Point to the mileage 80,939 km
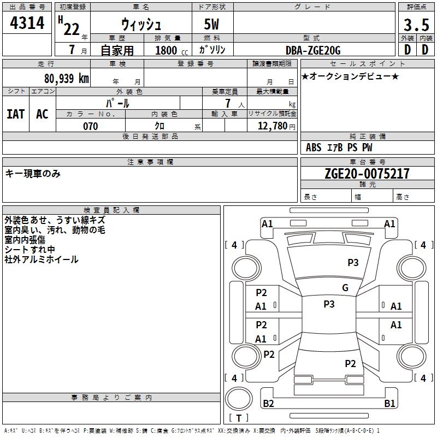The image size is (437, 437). (66, 78)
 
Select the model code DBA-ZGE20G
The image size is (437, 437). (313, 51)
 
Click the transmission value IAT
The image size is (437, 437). (15, 114)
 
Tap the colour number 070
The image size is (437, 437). (90, 126)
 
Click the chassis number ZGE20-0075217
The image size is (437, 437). (367, 174)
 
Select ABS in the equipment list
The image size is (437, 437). (314, 147)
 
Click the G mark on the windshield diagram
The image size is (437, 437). (345, 288)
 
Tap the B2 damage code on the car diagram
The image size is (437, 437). (269, 404)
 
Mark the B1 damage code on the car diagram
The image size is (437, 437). (389, 404)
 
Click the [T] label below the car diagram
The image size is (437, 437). (239, 418)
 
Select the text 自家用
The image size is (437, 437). (117, 51)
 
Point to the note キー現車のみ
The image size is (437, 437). (33, 174)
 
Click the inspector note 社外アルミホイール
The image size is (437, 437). (42, 259)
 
